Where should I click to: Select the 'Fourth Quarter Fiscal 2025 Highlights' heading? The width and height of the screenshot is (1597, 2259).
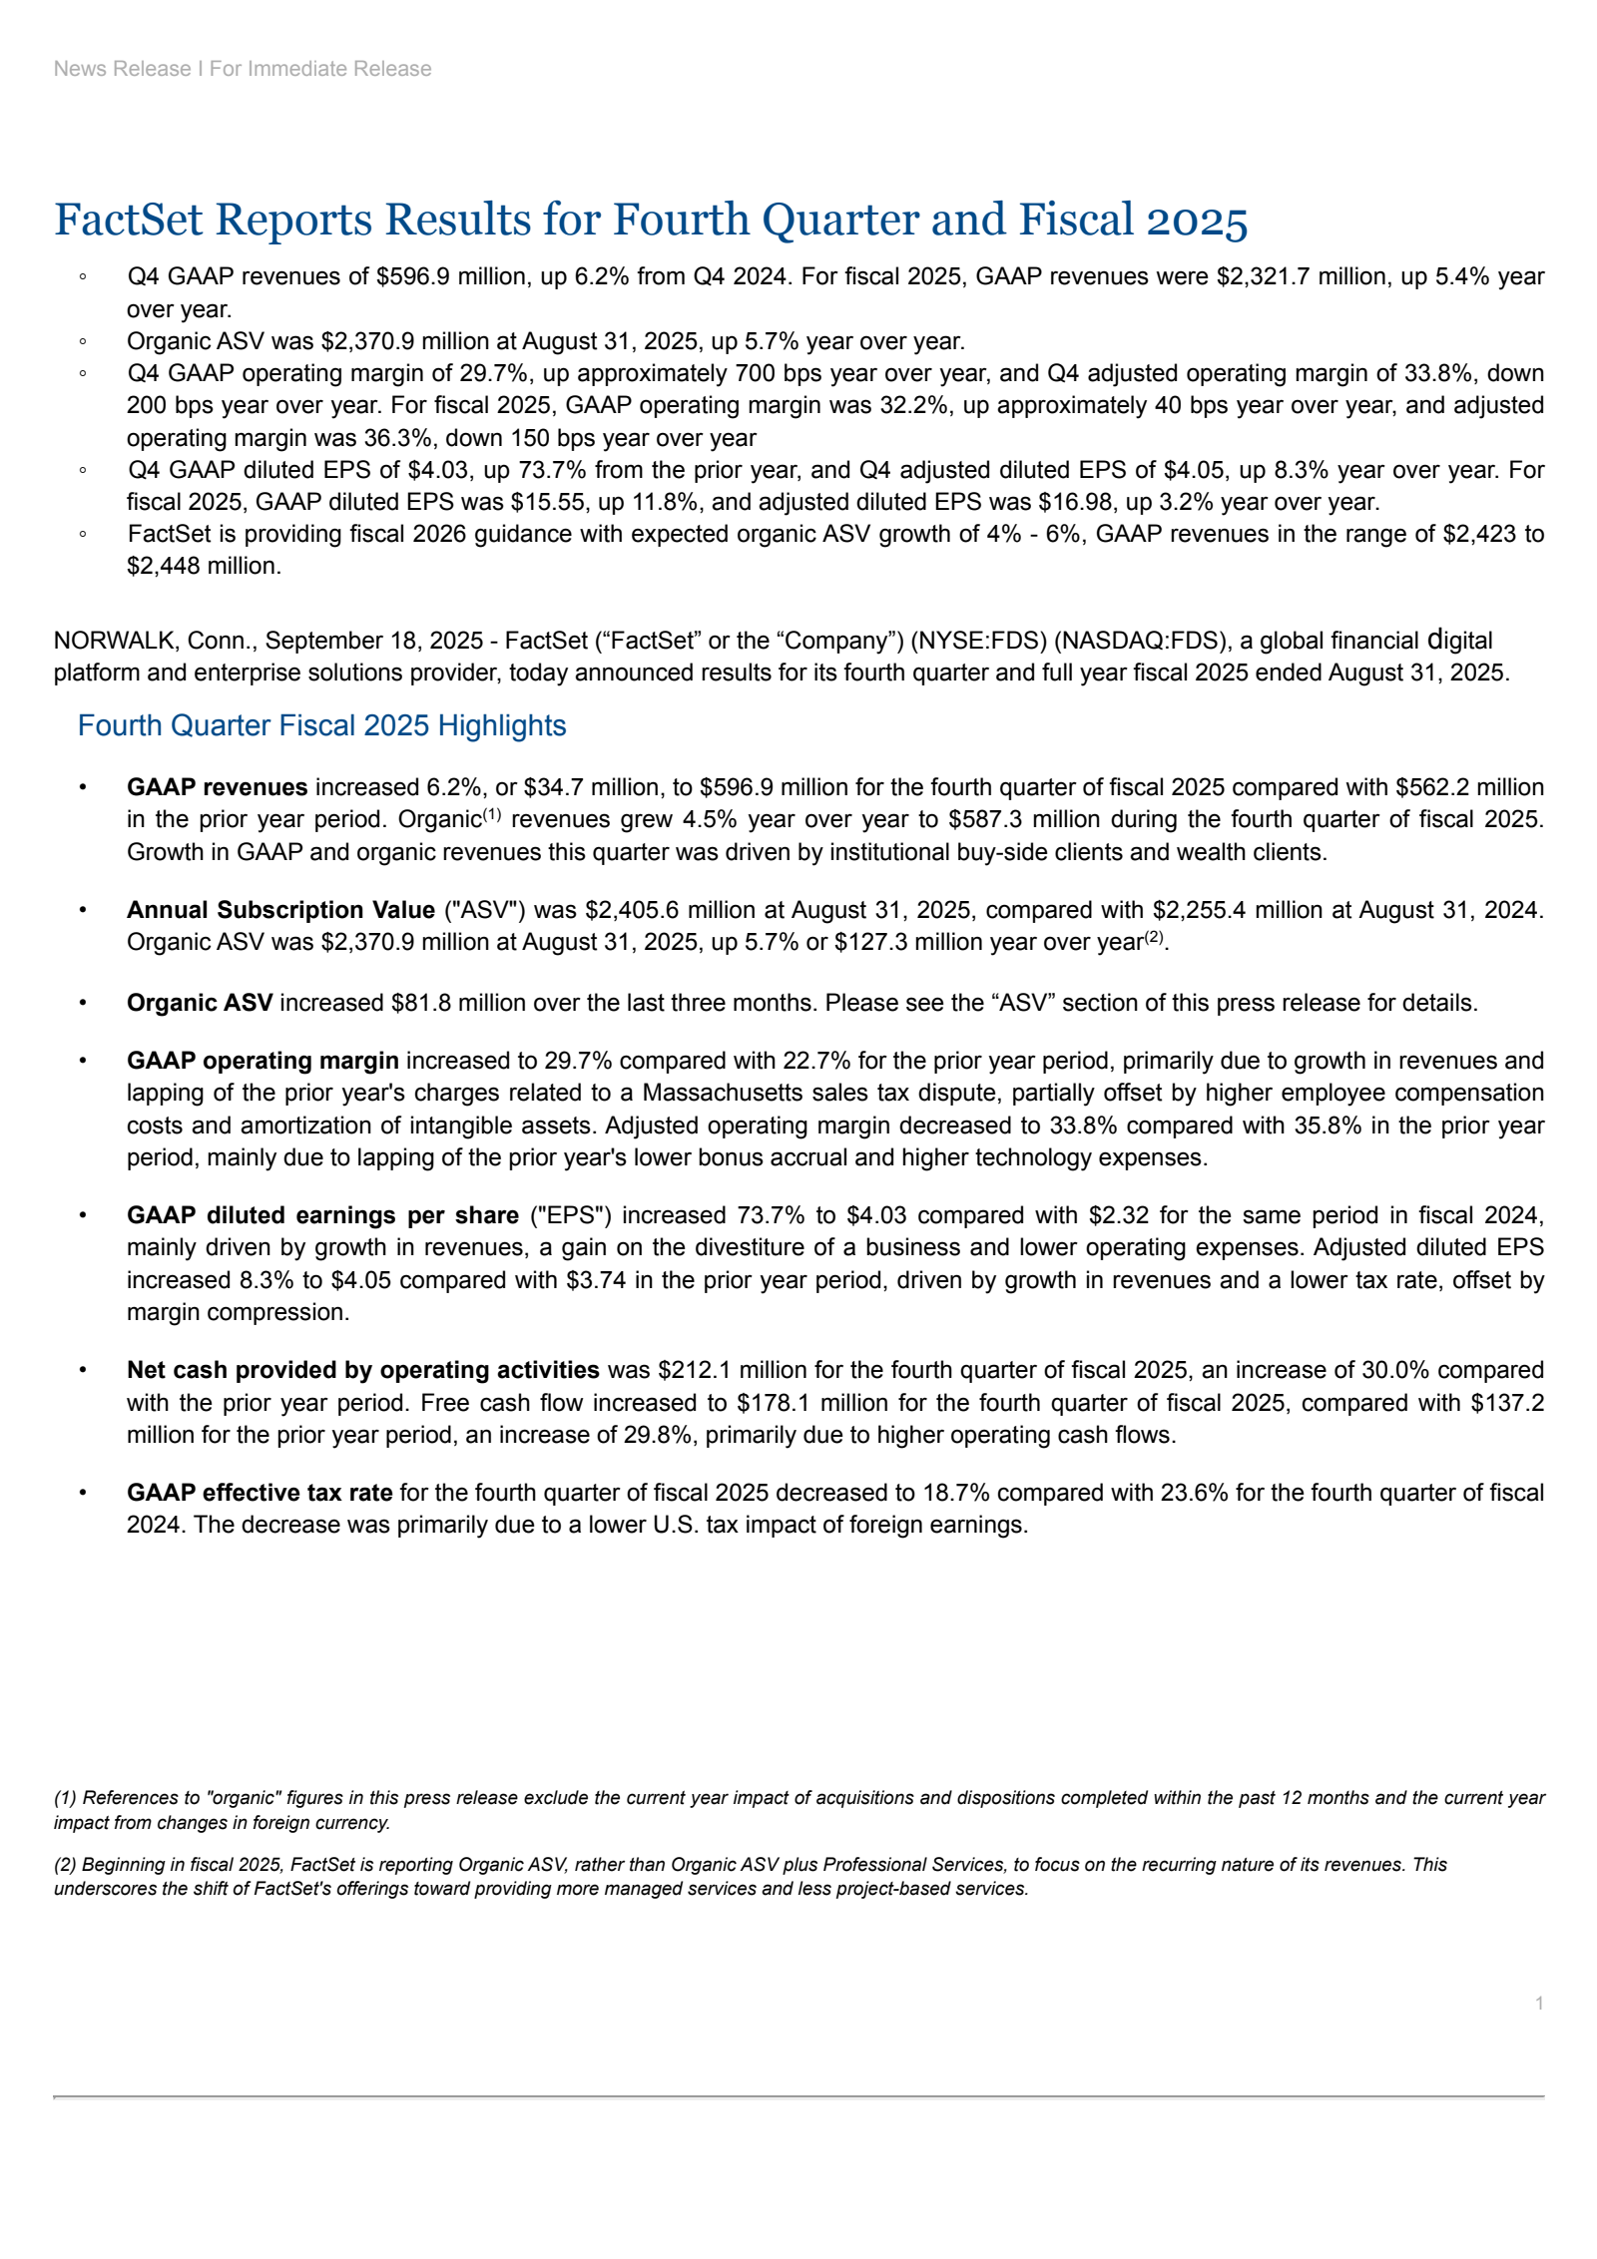pos(321,725)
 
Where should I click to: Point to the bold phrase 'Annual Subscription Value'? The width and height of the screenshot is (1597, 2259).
pos(280,910)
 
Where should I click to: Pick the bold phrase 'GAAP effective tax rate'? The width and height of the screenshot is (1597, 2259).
pos(259,1493)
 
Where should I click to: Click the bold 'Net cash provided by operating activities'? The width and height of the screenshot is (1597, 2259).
pos(362,1370)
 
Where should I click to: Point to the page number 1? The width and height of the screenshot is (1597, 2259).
pos(1539,2004)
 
